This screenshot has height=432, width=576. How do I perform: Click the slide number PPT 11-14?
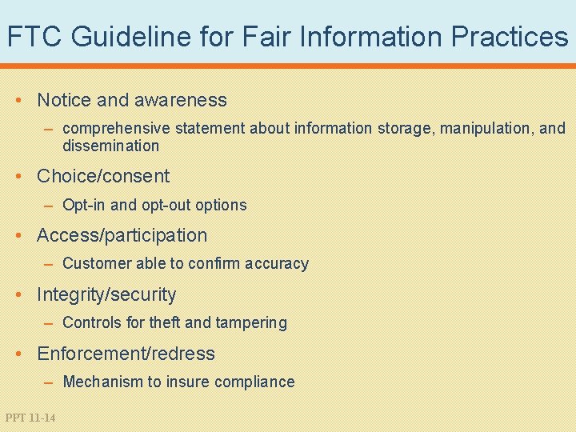point(30,418)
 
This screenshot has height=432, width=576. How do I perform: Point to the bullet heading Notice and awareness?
point(132,100)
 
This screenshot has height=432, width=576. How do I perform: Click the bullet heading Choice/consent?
point(103,176)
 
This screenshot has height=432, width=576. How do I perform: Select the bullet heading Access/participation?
point(122,235)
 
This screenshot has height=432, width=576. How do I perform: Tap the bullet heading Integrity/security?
point(106,294)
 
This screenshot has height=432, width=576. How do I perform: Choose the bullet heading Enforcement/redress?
point(126,354)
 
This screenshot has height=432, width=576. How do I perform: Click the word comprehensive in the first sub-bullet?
point(115,128)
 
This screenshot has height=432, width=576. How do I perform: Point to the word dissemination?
point(110,146)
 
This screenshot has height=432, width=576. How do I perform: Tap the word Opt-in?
point(84,205)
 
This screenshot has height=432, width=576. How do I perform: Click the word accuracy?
point(276,263)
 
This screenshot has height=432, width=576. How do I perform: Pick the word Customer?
point(94,263)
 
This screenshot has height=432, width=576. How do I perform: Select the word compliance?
point(255,382)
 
